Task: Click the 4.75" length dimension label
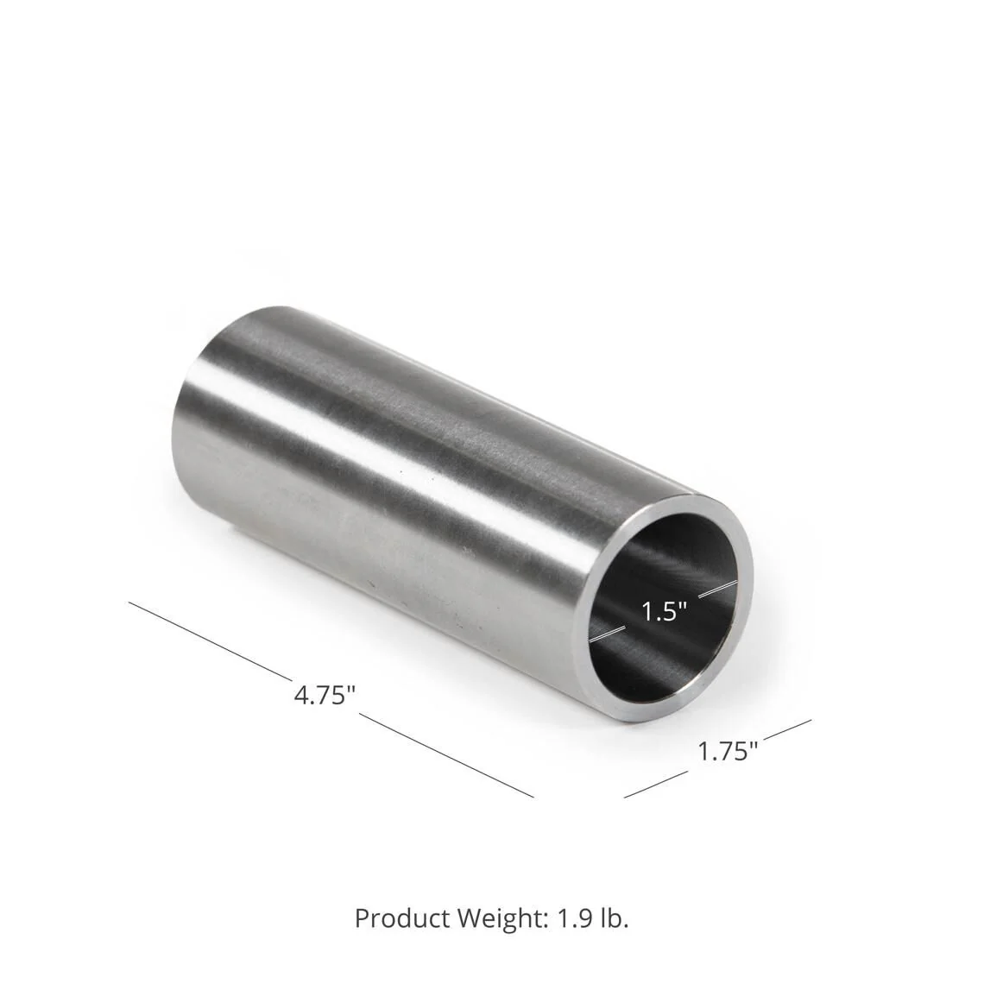325,696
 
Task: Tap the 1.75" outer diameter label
728,751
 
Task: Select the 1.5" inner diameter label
665,612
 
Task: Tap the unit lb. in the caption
613,918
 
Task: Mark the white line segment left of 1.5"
612,632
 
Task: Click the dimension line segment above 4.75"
207,639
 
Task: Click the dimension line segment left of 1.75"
656,782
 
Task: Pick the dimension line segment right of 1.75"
785,730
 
